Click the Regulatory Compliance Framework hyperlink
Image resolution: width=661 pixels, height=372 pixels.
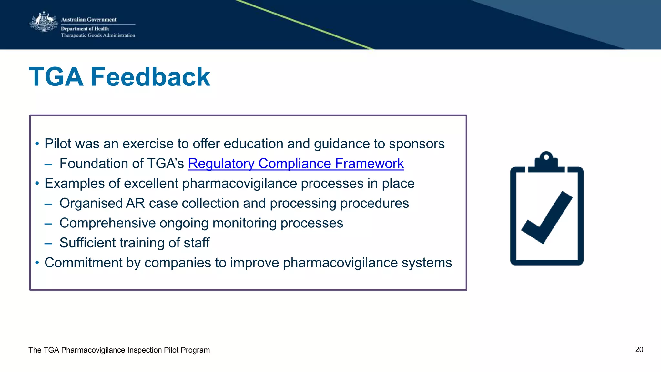click(x=296, y=164)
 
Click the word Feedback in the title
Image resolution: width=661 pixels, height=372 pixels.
click(x=150, y=77)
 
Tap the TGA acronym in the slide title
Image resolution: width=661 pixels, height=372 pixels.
click(x=56, y=77)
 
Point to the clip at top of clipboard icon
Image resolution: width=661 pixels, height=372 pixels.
click(x=546, y=160)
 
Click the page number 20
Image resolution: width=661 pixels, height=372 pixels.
click(x=639, y=350)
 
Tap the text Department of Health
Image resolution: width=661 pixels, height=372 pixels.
click(x=85, y=29)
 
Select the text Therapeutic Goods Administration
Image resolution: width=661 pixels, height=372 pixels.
click(x=98, y=35)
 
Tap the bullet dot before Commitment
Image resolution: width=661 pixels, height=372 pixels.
click(x=37, y=262)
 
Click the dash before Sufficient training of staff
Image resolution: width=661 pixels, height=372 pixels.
click(x=48, y=243)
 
